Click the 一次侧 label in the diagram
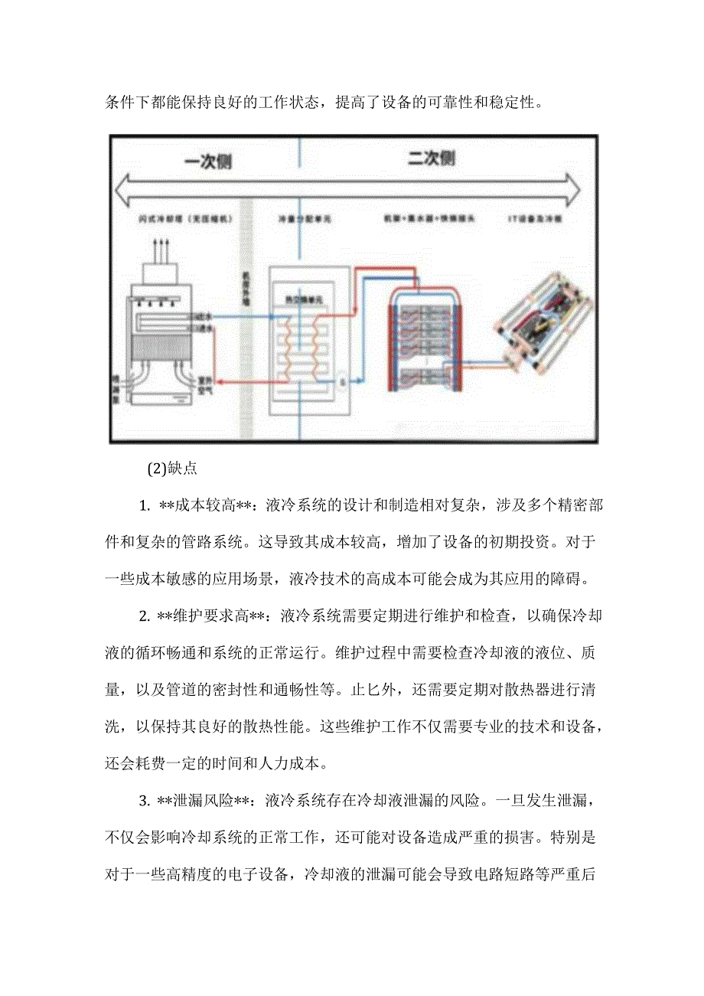tap(207, 162)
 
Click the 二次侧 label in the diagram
tap(431, 158)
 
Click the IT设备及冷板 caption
tap(536, 218)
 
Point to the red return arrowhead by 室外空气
tap(217, 380)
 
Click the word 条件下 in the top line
tap(126, 103)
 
